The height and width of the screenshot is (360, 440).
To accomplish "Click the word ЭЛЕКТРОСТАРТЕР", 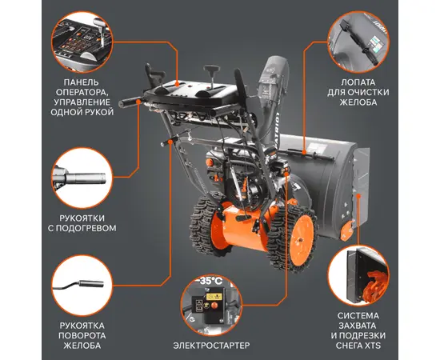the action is (x=211, y=345).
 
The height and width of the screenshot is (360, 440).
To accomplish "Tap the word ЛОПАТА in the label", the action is (x=358, y=82).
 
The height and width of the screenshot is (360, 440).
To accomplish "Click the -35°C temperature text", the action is (x=211, y=281).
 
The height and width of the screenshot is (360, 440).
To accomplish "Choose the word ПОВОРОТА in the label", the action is (x=82, y=335).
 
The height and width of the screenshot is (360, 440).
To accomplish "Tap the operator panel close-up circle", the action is (x=82, y=42).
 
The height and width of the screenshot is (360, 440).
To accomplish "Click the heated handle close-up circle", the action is (x=82, y=178).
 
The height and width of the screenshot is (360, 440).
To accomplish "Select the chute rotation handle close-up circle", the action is (x=82, y=285).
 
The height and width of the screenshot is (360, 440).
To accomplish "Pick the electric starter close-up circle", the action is (x=211, y=306).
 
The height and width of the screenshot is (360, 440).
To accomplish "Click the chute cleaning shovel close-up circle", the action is (x=358, y=42).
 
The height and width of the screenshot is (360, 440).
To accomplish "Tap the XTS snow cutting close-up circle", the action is (x=358, y=275).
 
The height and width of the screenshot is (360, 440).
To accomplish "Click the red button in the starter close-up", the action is (x=214, y=306).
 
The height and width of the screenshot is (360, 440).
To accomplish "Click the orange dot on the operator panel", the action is (x=177, y=84).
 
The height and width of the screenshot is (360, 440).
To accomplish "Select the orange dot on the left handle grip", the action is (x=138, y=101).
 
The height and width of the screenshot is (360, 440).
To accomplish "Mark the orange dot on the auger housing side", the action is (x=358, y=196).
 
